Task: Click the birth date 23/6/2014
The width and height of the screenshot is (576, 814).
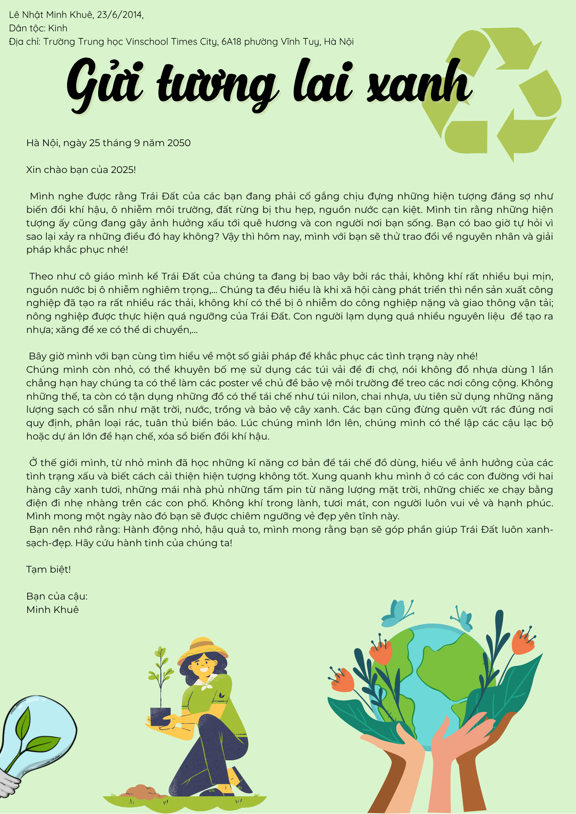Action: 120,15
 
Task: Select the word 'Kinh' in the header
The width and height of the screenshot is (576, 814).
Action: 57,28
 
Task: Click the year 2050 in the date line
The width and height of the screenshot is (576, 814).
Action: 179,143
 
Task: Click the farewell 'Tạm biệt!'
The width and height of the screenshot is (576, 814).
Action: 48,570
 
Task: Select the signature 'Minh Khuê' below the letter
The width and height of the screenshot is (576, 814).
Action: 53,610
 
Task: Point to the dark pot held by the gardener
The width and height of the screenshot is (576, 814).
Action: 160,716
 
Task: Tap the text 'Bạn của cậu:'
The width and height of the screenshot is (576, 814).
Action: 57,597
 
